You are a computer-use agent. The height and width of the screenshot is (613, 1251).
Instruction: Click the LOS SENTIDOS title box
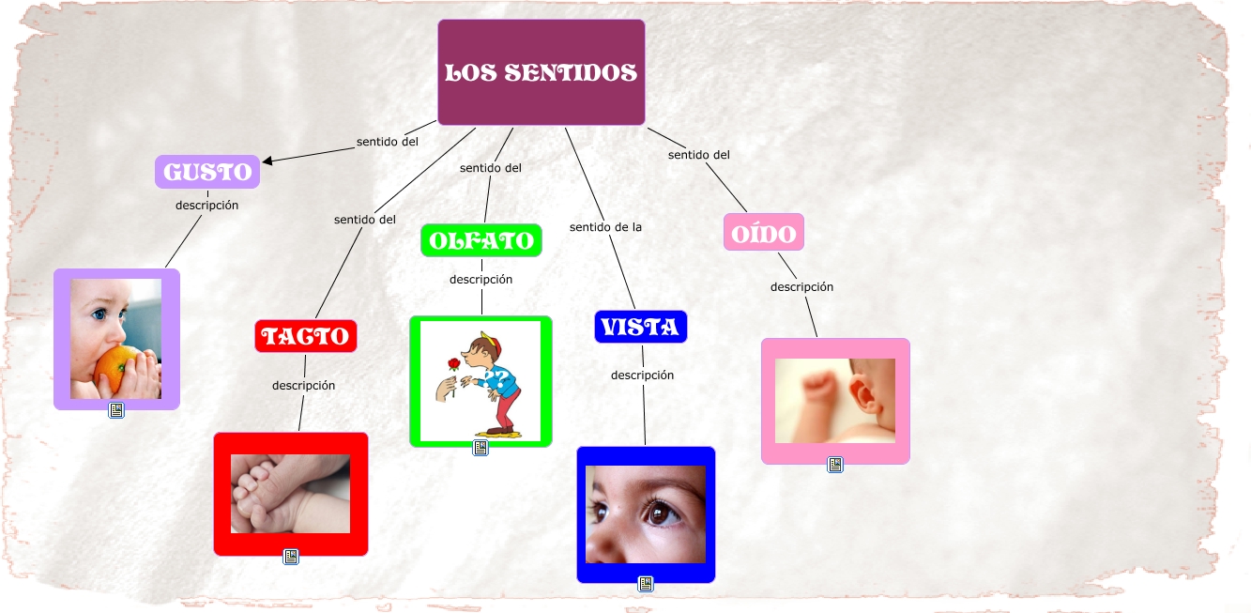541,72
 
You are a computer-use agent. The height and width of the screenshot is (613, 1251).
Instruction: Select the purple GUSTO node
207,172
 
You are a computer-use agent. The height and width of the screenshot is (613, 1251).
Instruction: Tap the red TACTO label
306,336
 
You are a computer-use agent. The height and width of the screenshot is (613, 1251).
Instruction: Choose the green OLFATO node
481,240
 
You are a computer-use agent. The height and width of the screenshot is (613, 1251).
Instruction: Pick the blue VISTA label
641,327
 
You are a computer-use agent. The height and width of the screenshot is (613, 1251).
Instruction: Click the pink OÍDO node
764,232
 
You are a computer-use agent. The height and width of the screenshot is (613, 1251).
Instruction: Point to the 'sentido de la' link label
605,226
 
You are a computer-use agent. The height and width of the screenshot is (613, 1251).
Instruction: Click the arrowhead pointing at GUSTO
268,161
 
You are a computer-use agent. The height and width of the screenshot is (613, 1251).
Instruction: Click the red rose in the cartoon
455,363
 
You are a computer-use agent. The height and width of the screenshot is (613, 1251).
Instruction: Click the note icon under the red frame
291,557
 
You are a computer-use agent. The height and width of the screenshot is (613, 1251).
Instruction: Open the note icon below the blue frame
646,584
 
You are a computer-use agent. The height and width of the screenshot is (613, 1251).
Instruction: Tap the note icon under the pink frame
835,464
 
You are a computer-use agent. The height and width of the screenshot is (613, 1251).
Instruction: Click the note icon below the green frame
481,448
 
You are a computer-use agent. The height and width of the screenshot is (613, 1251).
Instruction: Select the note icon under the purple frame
116,410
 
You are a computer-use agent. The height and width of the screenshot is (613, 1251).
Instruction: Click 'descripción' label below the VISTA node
642,375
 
